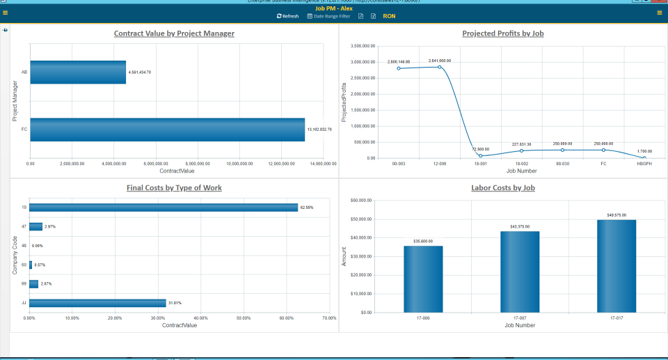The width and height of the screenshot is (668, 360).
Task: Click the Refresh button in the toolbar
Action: click(x=287, y=16)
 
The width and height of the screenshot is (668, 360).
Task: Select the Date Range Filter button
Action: click(x=328, y=16)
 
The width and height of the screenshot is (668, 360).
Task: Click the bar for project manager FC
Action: click(x=167, y=130)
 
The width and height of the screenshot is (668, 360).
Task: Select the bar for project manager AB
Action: click(x=78, y=72)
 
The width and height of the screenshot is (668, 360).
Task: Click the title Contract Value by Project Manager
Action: click(x=174, y=33)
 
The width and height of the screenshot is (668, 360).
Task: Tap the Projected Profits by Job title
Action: click(x=503, y=33)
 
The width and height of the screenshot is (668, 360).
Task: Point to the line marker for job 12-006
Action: click(x=440, y=67)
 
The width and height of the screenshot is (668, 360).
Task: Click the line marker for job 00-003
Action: click(x=399, y=68)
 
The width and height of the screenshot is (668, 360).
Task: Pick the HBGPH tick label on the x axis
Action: click(x=644, y=164)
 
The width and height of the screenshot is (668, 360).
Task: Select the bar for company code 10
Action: click(x=164, y=208)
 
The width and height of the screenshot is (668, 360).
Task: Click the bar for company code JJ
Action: click(x=97, y=303)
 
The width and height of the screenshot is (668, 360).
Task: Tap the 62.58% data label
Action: click(x=307, y=208)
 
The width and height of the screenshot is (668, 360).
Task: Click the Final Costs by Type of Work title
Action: click(x=174, y=188)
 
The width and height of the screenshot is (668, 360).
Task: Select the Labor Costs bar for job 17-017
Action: click(x=616, y=266)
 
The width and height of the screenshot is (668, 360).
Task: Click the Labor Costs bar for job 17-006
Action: click(x=423, y=279)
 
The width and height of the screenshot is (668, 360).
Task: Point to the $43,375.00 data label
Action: click(x=520, y=227)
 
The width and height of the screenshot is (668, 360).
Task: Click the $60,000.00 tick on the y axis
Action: click(x=363, y=201)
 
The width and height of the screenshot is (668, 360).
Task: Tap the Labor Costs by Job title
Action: click(x=503, y=188)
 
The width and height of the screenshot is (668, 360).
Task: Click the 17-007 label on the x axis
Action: click(x=520, y=319)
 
